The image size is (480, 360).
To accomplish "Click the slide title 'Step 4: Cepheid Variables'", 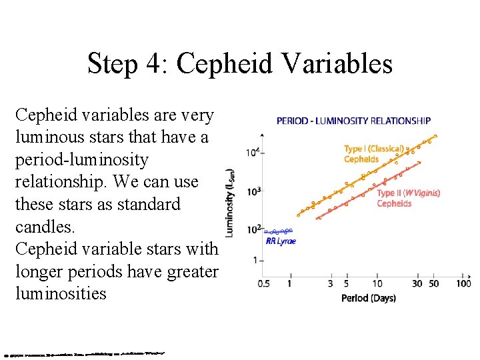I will tap(239, 64).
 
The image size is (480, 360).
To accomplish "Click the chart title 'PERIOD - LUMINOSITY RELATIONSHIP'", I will tap(353, 121).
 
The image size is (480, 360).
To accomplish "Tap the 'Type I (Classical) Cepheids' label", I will tap(374, 154).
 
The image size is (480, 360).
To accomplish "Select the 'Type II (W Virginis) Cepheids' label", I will tap(408, 198).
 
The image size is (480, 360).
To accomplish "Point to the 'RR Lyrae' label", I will tap(281, 241).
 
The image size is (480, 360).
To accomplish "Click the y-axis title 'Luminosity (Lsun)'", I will tap(229, 202).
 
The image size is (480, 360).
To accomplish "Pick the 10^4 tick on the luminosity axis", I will tap(252, 153).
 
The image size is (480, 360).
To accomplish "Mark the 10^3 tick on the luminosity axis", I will tap(252, 191).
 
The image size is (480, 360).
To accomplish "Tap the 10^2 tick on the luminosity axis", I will tap(252, 229).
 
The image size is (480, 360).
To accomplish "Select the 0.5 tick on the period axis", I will tap(264, 284).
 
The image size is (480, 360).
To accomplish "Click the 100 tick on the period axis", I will tap(463, 284).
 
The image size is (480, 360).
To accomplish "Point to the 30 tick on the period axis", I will tap(417, 284).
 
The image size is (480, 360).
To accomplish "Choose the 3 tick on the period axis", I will tap(330, 284).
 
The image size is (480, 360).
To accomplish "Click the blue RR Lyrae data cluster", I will tap(278, 231).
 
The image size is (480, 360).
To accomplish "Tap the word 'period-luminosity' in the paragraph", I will tap(81, 160).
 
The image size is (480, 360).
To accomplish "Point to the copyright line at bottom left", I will tap(83, 353).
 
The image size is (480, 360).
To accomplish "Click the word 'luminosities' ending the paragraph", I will tap(61, 294).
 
